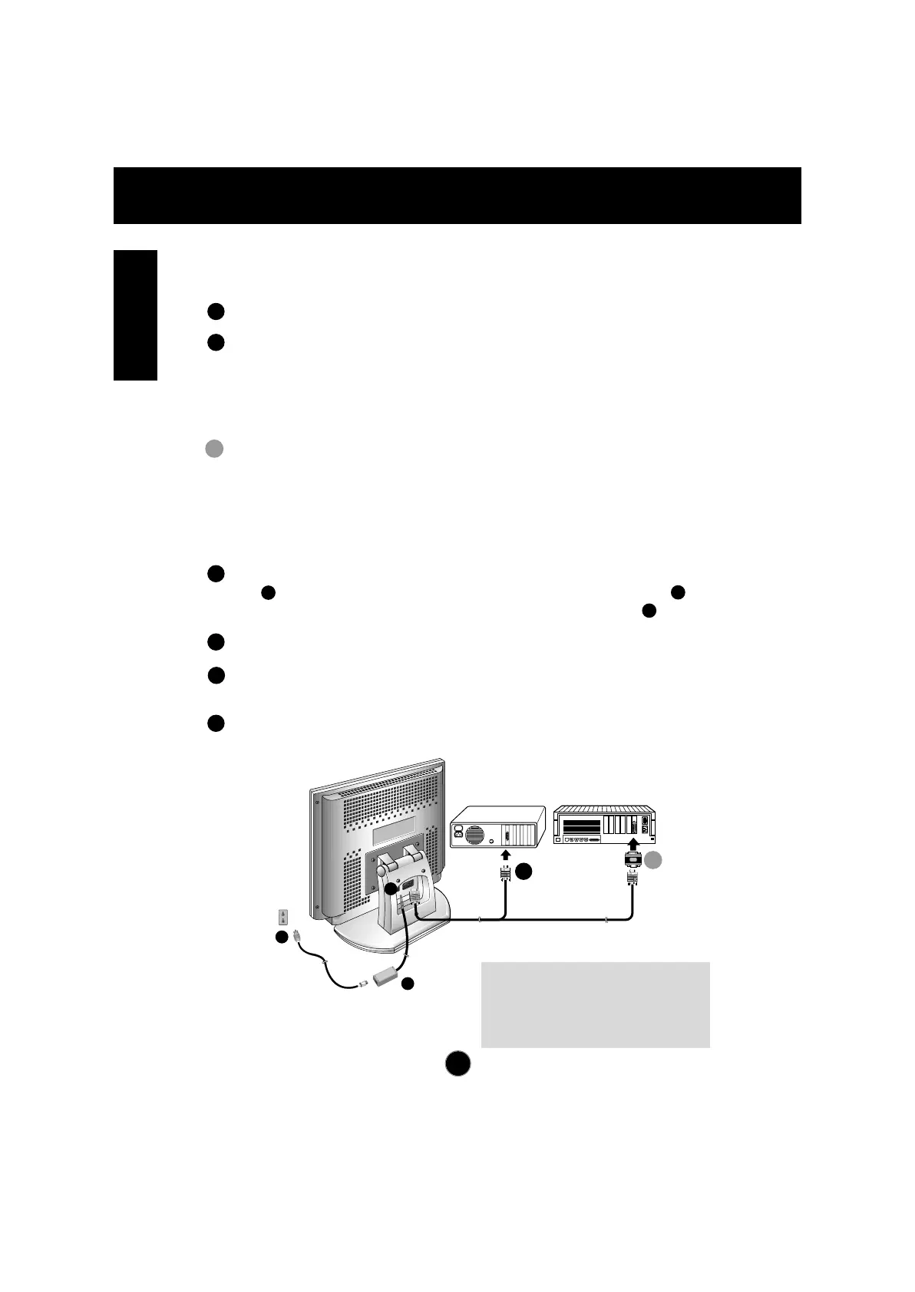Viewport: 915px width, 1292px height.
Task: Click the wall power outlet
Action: pyautogui.click(x=283, y=917)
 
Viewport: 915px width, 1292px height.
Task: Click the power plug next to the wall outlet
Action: pyautogui.click(x=297, y=937)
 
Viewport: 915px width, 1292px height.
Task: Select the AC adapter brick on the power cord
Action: pyautogui.click(x=386, y=977)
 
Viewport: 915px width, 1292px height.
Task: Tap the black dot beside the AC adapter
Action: pyautogui.click(x=408, y=984)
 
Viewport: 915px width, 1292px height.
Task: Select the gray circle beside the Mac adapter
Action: pyautogui.click(x=653, y=861)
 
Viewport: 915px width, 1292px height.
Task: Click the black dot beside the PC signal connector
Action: pyautogui.click(x=524, y=871)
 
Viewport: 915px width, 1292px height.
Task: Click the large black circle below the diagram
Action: pyautogui.click(x=457, y=1064)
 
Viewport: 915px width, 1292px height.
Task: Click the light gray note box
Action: pyautogui.click(x=595, y=1004)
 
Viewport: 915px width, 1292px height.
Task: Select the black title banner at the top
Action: pyautogui.click(x=457, y=195)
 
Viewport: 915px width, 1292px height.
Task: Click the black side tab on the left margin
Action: pyautogui.click(x=135, y=315)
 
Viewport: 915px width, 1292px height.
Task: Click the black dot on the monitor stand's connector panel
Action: pyautogui.click(x=391, y=888)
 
